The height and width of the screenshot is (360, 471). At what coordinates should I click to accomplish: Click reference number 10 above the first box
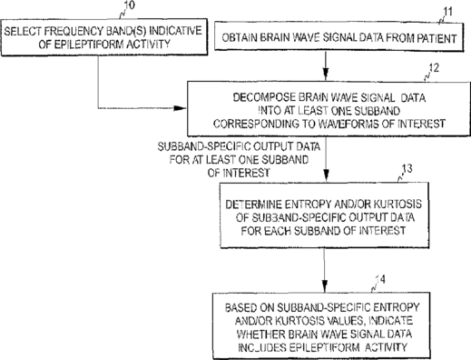click(129, 5)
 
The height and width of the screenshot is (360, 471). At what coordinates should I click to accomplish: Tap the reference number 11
click(447, 12)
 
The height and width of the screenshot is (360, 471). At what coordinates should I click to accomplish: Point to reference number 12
click(434, 68)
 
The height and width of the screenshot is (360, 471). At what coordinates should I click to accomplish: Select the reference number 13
click(407, 168)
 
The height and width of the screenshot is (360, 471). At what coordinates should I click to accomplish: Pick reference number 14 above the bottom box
click(380, 279)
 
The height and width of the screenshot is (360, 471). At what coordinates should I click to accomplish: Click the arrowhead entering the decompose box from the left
click(180, 108)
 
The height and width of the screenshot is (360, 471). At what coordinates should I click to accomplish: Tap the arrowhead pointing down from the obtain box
click(326, 74)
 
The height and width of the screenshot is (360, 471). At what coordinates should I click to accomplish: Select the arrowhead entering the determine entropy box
click(326, 175)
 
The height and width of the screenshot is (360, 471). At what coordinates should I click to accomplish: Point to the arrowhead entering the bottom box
click(324, 285)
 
